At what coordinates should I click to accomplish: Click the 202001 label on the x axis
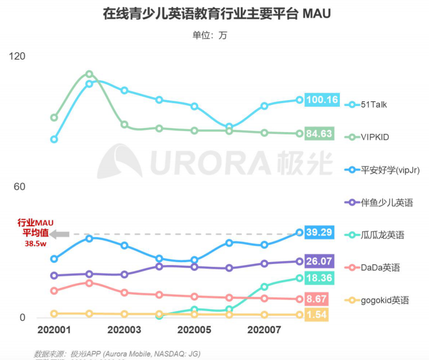coord(54,330)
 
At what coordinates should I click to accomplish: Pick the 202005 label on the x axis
coord(194,330)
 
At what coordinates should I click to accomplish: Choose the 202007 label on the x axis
coord(264,330)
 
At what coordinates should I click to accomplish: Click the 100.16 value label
coord(322,100)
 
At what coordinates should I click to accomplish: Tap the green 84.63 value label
coord(319,134)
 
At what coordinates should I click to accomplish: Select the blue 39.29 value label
coord(319,232)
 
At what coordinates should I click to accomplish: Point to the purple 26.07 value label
coord(319,262)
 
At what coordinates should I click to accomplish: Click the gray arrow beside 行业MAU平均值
coord(59,234)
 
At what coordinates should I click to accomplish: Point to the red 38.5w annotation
coord(36,244)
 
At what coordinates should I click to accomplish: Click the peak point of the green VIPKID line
coord(89,74)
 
